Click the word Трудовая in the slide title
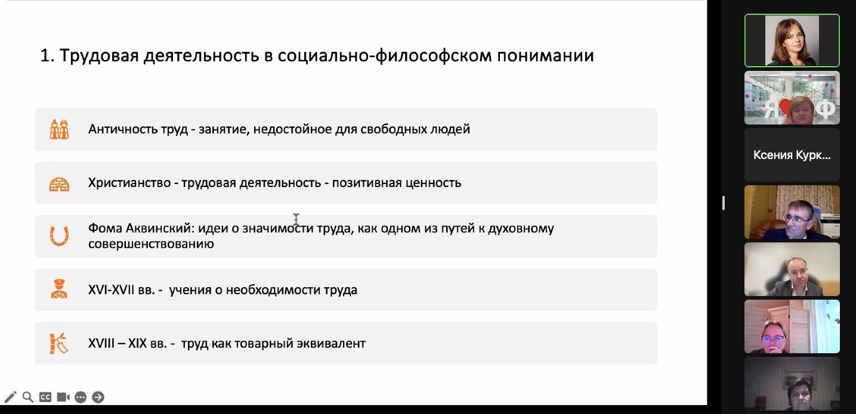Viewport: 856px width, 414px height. [x=99, y=56]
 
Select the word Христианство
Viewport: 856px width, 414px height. [x=129, y=183]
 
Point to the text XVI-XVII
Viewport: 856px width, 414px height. [x=111, y=290]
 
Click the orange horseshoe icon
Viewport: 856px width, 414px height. [x=59, y=236]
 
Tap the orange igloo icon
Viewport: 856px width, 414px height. [x=59, y=184]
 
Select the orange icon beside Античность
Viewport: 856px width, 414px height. [x=59, y=129]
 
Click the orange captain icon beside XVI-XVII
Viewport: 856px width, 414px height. [x=59, y=289]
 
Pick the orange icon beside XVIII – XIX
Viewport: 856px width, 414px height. [x=59, y=343]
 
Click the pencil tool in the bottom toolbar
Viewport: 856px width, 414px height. [x=10, y=397]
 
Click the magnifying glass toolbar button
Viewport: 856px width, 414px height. [x=27, y=397]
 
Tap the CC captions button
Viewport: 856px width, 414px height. [x=45, y=397]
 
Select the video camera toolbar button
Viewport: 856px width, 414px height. [x=63, y=397]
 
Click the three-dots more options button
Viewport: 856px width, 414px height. [x=81, y=397]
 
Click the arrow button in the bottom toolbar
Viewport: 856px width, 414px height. [x=98, y=397]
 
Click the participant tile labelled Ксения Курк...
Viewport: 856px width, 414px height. [x=792, y=155]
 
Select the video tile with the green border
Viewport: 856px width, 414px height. [x=792, y=41]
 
